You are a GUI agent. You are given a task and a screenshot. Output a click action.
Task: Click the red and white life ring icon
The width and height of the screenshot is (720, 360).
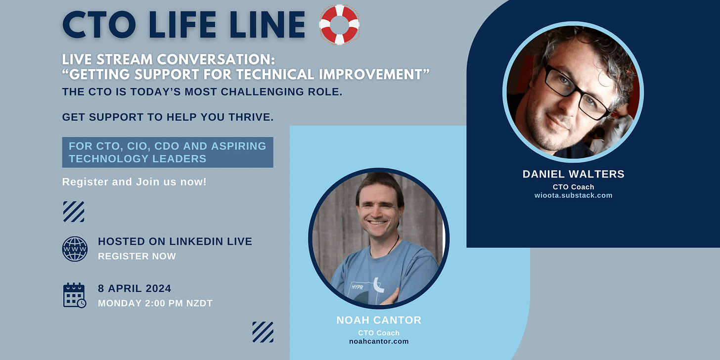(339, 24)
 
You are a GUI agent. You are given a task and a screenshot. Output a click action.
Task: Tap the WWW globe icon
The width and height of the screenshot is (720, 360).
(75, 249)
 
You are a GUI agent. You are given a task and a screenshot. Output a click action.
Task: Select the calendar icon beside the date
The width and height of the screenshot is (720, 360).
(75, 295)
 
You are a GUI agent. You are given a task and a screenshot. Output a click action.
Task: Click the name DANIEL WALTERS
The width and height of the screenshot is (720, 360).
(574, 174)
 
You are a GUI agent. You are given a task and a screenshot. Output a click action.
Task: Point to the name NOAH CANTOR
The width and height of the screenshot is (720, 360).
(379, 320)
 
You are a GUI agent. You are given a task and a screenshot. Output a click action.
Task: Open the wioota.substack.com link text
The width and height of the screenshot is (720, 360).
(574, 195)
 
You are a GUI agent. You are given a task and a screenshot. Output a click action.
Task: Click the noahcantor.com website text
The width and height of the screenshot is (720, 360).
(379, 341)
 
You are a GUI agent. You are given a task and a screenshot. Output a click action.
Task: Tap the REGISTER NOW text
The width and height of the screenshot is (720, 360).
(137, 256)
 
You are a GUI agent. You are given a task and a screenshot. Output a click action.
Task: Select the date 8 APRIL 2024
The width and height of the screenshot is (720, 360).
(135, 288)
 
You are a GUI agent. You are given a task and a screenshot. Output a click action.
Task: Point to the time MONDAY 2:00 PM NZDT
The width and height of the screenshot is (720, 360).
(155, 303)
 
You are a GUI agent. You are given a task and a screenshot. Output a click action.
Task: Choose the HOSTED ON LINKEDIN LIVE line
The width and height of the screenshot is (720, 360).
(175, 241)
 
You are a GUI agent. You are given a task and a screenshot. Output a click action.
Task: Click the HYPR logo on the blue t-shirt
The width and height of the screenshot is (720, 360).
(357, 287)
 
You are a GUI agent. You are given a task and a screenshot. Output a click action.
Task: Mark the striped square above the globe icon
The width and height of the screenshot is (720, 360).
(74, 212)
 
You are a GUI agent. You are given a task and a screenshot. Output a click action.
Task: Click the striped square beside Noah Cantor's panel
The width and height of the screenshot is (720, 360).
(263, 332)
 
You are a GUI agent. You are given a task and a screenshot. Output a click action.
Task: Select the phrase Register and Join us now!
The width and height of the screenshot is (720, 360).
(134, 182)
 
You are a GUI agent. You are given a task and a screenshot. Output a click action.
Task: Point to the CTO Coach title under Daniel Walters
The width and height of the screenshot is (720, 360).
(574, 187)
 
